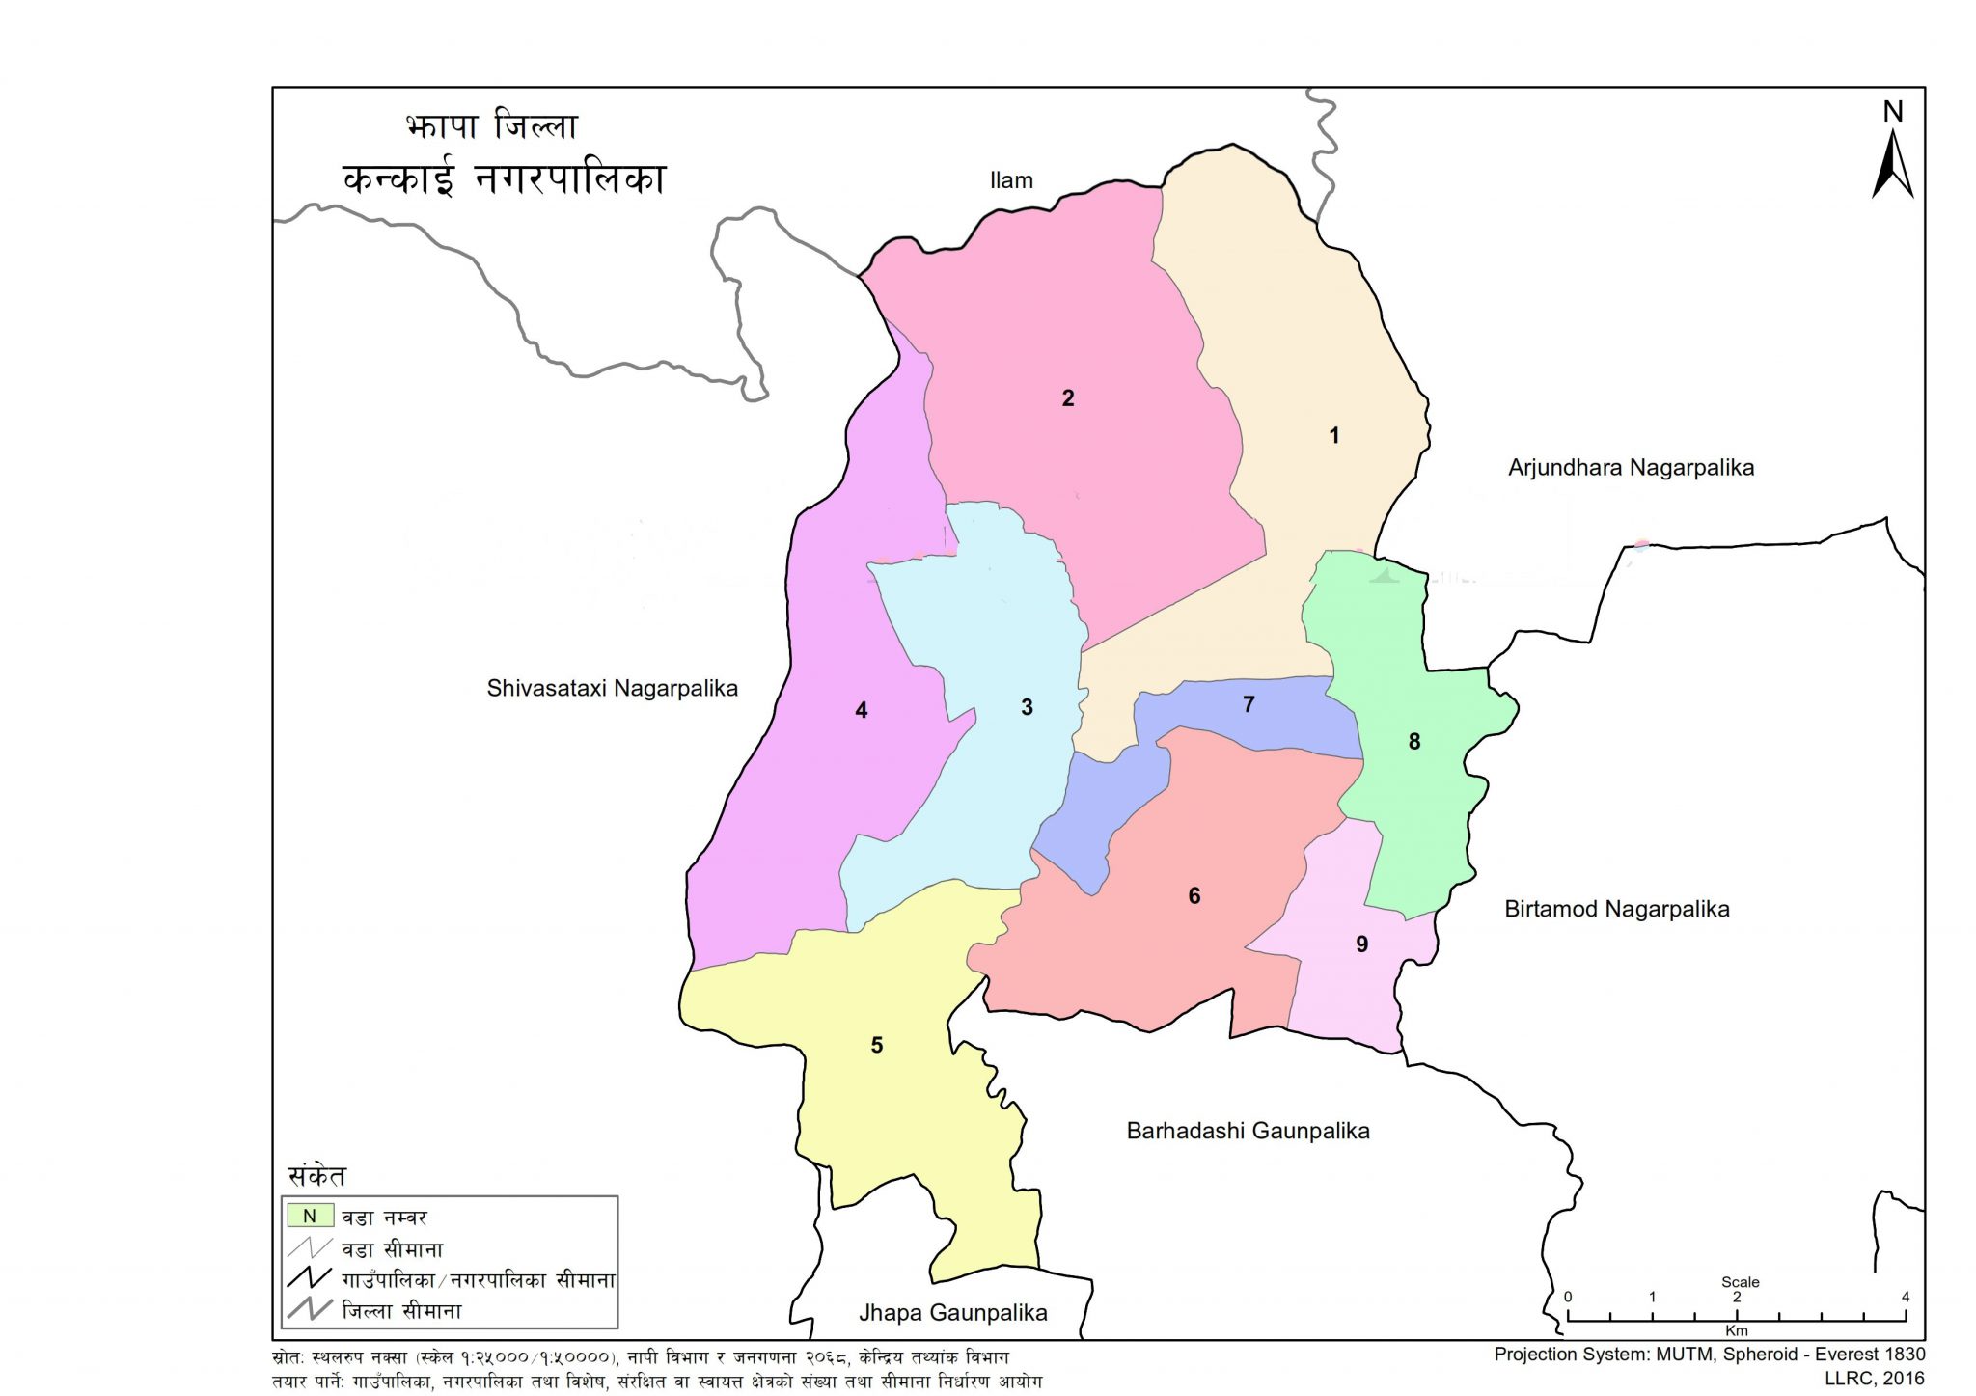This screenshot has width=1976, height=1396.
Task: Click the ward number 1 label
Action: tap(1334, 436)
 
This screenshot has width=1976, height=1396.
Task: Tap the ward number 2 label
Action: tap(1068, 398)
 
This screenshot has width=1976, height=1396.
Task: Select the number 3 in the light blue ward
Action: tap(1027, 708)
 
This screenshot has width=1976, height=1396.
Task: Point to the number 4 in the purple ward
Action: tap(862, 711)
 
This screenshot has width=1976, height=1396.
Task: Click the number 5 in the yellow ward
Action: tap(877, 1046)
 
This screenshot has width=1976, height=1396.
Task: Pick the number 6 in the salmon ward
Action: tap(1194, 896)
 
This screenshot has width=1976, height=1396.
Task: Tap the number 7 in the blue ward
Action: tap(1249, 705)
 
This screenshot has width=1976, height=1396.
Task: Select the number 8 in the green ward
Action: tap(1414, 742)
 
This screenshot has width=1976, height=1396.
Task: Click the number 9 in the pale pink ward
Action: tap(1362, 944)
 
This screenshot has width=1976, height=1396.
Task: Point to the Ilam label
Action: tap(1011, 180)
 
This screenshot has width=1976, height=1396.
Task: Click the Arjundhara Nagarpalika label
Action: tap(1631, 468)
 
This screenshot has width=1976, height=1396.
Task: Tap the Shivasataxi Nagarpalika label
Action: tap(612, 689)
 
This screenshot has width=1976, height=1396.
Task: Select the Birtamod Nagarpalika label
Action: tap(1617, 909)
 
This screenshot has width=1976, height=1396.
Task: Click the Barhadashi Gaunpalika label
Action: tap(1248, 1131)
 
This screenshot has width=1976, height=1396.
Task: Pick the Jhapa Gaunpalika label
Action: tap(952, 1313)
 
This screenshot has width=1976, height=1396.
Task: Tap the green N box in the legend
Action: tap(310, 1217)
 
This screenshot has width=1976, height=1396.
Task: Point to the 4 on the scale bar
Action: tap(1905, 1297)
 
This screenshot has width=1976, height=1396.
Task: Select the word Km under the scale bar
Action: tap(1736, 1331)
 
